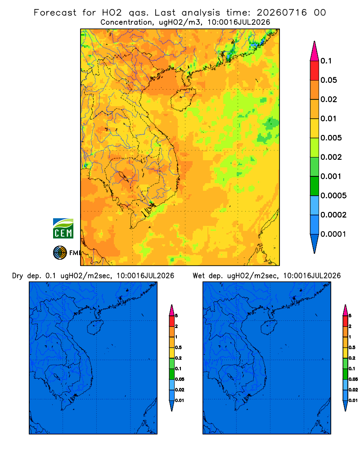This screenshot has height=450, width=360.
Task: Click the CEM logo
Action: [x=63, y=229]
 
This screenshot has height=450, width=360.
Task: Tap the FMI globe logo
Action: [x=60, y=253]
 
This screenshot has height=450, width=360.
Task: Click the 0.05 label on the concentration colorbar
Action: [x=328, y=80]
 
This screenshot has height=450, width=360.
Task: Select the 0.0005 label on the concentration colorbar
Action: [x=333, y=195]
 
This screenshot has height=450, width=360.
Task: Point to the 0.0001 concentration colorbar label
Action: [x=333, y=234]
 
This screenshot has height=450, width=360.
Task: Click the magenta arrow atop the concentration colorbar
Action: [x=315, y=51]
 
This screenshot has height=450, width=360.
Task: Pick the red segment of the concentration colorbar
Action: [x=315, y=71]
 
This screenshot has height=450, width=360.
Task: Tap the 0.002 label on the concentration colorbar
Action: [x=331, y=157]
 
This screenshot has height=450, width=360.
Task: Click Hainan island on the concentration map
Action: [x=183, y=99]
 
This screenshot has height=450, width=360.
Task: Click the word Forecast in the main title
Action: [x=55, y=13]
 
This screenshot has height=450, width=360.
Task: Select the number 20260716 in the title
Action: [x=282, y=13]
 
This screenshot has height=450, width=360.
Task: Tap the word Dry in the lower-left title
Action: [x=18, y=276]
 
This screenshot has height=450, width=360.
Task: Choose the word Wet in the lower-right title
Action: [x=198, y=276]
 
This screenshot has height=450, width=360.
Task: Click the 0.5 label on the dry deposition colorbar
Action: [x=178, y=347]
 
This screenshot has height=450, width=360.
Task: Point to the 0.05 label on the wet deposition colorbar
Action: [x=353, y=379]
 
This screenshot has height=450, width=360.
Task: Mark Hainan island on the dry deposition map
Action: [x=95, y=327]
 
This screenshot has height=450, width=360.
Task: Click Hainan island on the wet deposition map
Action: [x=269, y=327]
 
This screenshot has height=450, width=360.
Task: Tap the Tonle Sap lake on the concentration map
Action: [x=123, y=176]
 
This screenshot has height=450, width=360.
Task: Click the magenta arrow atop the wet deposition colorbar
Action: [x=345, y=310]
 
